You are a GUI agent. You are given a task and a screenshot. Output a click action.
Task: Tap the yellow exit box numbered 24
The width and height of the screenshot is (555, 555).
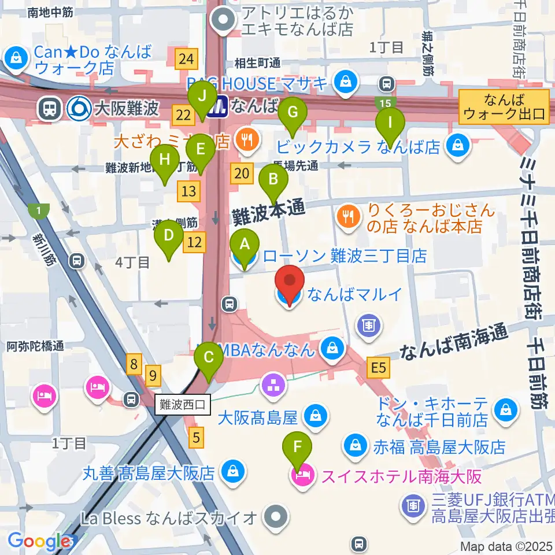click(186, 58)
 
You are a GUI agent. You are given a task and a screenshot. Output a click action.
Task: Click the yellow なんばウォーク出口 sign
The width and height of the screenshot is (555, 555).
click(504, 106)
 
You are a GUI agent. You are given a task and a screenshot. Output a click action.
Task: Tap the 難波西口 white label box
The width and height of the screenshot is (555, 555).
click(183, 402)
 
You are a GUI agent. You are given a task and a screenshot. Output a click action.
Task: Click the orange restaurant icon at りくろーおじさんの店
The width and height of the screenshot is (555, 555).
click(347, 218)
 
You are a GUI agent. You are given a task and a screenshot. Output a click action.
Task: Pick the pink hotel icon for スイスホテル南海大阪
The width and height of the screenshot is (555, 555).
click(301, 476)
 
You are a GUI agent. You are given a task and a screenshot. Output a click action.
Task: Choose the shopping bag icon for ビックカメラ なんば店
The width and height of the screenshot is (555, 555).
click(458, 146)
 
